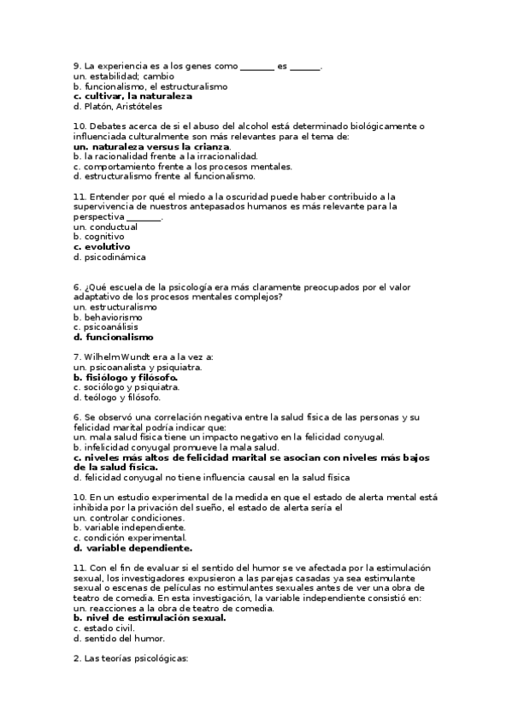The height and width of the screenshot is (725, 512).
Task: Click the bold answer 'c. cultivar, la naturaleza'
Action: pyautogui.click(x=132, y=97)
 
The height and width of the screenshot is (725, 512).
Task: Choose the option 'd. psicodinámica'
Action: pyautogui.click(x=109, y=256)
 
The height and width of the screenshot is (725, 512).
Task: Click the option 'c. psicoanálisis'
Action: pyautogui.click(x=106, y=327)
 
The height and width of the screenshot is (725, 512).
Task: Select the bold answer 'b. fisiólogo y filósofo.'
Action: pyautogui.click(x=126, y=377)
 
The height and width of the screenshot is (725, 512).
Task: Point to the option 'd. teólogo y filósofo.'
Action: pyautogui.click(x=117, y=398)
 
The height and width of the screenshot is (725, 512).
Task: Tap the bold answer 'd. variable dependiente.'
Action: pyautogui.click(x=133, y=548)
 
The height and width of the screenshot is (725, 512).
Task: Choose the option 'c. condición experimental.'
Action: pyautogui.click(x=130, y=538)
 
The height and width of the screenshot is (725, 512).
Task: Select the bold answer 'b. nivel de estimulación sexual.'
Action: pyautogui.click(x=150, y=617)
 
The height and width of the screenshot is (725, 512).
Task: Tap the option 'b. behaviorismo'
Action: pyautogui.click(x=108, y=316)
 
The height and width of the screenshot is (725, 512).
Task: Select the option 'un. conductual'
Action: pyautogui.click(x=106, y=227)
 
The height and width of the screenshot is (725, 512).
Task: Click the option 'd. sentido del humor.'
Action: pyautogui.click(x=120, y=638)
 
